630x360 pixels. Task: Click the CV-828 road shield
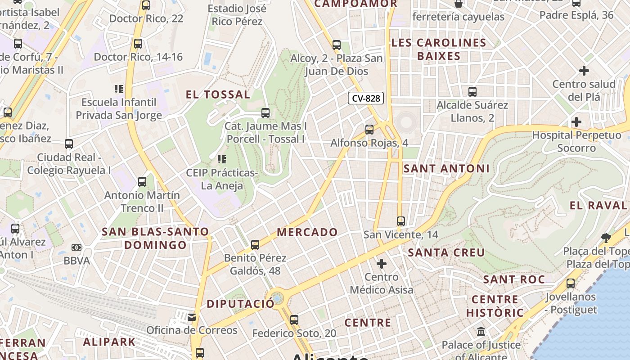[x=365, y=98]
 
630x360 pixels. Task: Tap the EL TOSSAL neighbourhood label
[x=218, y=94]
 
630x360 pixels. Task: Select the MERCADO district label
[x=307, y=232]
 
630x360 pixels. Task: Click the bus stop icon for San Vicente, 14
[x=401, y=221]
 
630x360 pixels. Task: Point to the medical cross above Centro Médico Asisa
[x=382, y=263]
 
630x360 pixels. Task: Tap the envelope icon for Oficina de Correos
[x=192, y=317]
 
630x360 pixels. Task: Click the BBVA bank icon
[x=76, y=247]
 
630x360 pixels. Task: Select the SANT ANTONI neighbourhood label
[x=446, y=169]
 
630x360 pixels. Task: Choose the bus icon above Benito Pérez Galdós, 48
[x=255, y=245]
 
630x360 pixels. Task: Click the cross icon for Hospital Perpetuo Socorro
[x=576, y=122]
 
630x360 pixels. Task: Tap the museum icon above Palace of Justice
[x=481, y=332]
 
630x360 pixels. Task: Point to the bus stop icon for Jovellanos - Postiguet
[x=571, y=283]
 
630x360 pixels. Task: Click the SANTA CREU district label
[x=446, y=252]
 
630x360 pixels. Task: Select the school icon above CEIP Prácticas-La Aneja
[x=221, y=159]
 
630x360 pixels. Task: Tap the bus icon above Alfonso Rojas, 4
[x=369, y=130]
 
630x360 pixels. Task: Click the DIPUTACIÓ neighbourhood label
[x=240, y=304]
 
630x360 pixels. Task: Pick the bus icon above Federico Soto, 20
[x=294, y=320]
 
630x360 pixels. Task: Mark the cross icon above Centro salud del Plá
[x=584, y=71]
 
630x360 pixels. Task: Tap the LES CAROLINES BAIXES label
[x=439, y=49]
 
